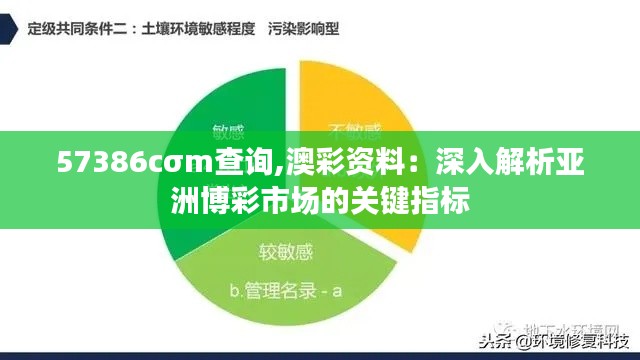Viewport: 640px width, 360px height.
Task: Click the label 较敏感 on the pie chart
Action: [287, 250]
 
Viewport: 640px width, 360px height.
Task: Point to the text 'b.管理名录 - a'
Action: [286, 291]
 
